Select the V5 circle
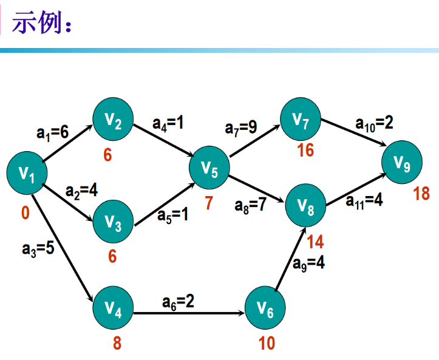(209, 169)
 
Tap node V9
(402, 163)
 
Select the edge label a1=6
(52, 132)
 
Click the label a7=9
(241, 127)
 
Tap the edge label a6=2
(179, 301)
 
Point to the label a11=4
(364, 200)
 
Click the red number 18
(421, 194)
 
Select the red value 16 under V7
(305, 150)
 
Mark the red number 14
(315, 242)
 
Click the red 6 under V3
(112, 256)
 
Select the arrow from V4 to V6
(188, 314)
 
